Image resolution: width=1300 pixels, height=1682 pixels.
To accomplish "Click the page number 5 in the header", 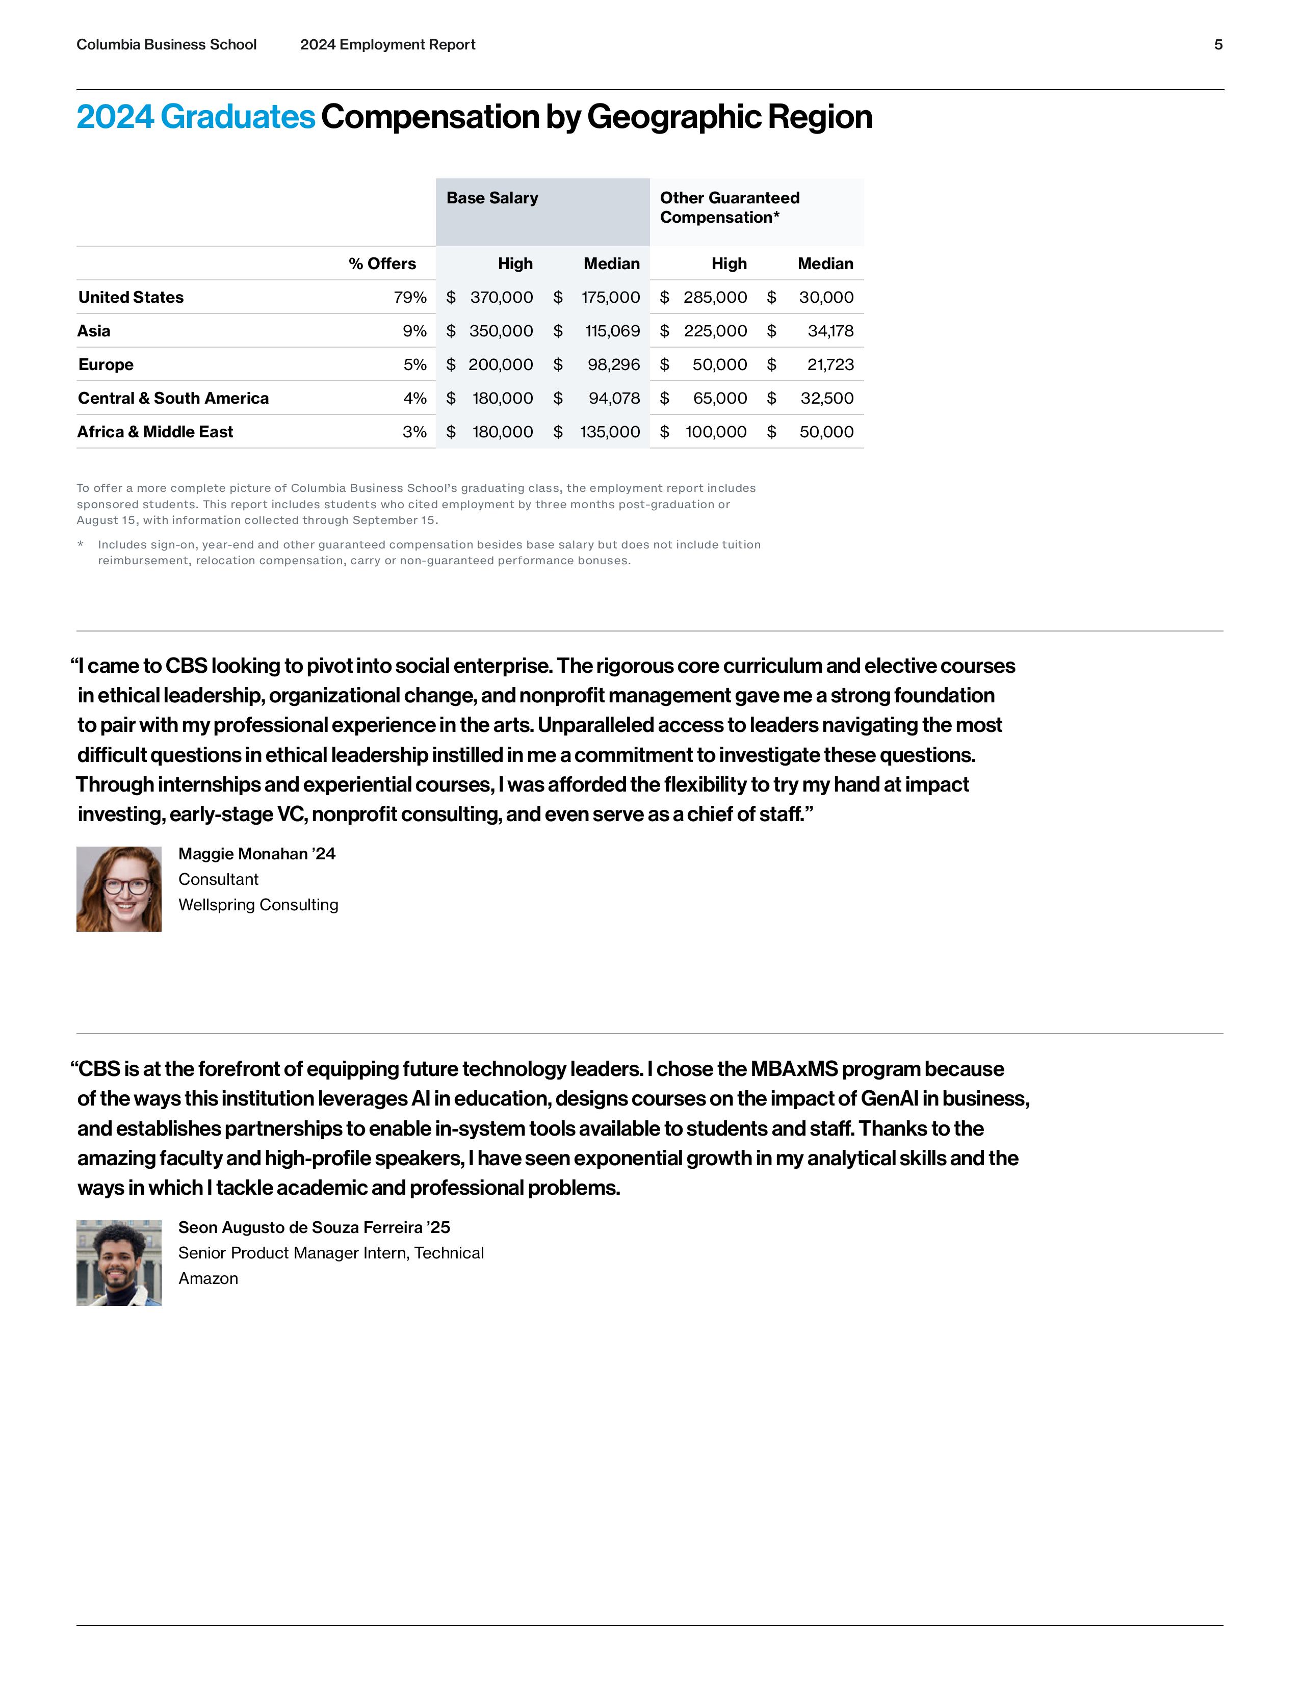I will [1217, 45].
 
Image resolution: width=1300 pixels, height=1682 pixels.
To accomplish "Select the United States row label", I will [131, 297].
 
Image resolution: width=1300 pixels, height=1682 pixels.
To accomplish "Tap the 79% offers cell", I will [410, 297].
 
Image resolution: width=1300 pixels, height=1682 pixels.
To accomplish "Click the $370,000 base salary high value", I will [501, 297].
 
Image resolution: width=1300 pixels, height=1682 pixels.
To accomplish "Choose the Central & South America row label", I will [173, 398].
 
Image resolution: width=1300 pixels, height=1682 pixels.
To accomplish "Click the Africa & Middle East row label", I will [155, 432].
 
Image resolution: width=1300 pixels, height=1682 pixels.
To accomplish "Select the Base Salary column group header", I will [492, 198].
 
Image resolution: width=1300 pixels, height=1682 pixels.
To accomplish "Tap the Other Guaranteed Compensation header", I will [730, 207].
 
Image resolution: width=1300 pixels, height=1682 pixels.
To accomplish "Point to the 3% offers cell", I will [414, 432].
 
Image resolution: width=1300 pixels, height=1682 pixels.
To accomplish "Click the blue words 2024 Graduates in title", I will [196, 117].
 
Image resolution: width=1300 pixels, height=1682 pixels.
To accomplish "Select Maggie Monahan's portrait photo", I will [119, 889].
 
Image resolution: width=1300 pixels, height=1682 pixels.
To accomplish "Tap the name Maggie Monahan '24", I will [256, 853].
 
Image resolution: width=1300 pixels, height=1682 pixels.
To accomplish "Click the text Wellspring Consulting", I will [258, 905].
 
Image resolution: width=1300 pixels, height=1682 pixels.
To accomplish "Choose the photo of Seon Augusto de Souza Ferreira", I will [119, 1263].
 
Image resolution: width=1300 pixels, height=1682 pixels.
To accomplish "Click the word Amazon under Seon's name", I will [208, 1278].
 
